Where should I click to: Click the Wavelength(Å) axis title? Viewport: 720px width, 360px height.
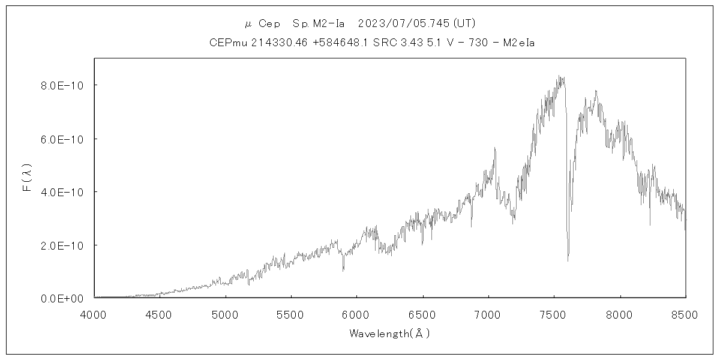pyautogui.click(x=389, y=334)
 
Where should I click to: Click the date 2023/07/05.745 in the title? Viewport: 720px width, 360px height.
pyautogui.click(x=404, y=23)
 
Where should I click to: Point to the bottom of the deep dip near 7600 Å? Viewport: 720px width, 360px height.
pyautogui.click(x=568, y=260)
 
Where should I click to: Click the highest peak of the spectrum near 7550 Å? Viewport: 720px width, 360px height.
pyautogui.click(x=559, y=76)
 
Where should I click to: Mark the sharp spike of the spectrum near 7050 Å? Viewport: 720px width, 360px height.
pyautogui.click(x=495, y=148)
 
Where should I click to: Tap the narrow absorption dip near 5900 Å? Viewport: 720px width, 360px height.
pyautogui.click(x=343, y=271)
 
